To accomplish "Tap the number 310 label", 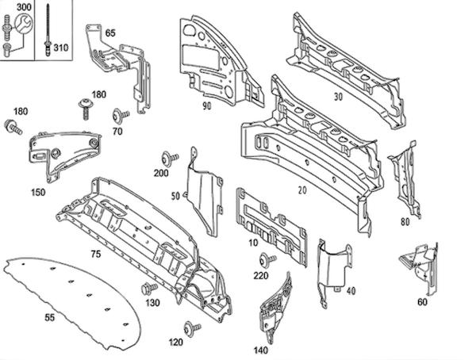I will click(61, 48).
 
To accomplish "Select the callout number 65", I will click(109, 33).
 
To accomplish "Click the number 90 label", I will click(206, 105).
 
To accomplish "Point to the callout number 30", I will click(338, 98).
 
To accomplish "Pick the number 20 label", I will click(301, 191).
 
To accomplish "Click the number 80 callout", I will click(405, 222).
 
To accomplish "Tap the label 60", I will click(422, 301).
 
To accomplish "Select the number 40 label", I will click(350, 290).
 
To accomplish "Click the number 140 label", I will click(261, 350).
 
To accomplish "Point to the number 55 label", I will click(49, 317).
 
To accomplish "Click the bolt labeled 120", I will click(190, 327).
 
